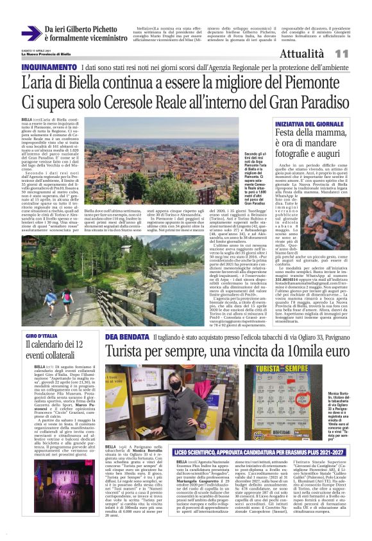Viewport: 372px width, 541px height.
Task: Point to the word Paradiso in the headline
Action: click(x=318, y=103)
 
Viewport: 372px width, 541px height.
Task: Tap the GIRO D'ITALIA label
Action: click(x=38, y=337)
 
